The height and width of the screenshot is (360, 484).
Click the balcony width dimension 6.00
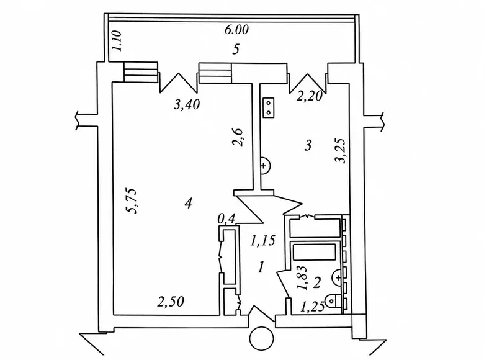pyautogui.click(x=236, y=30)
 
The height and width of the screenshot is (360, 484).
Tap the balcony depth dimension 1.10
pyautogui.click(x=118, y=41)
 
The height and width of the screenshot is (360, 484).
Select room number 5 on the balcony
pyautogui.click(x=236, y=50)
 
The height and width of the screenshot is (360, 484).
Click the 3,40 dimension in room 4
pyautogui.click(x=187, y=105)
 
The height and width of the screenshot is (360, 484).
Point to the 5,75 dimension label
pyautogui.click(x=131, y=200)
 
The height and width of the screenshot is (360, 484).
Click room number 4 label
pyautogui.click(x=188, y=203)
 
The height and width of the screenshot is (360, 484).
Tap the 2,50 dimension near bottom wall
pyautogui.click(x=171, y=302)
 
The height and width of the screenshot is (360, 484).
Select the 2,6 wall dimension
pyautogui.click(x=238, y=137)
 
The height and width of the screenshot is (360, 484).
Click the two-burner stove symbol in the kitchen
pyautogui.click(x=269, y=107)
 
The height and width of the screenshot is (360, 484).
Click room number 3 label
pyautogui.click(x=308, y=145)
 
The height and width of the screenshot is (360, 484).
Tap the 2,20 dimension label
pyautogui.click(x=310, y=96)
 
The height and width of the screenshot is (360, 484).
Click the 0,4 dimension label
pyautogui.click(x=226, y=219)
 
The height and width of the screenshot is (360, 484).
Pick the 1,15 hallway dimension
pyautogui.click(x=262, y=241)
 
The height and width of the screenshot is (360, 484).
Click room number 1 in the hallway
pyautogui.click(x=261, y=267)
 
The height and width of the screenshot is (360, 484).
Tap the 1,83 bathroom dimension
pyautogui.click(x=302, y=278)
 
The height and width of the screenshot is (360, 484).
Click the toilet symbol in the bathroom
pyautogui.click(x=334, y=300)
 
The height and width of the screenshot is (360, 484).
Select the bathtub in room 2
pyautogui.click(x=314, y=251)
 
